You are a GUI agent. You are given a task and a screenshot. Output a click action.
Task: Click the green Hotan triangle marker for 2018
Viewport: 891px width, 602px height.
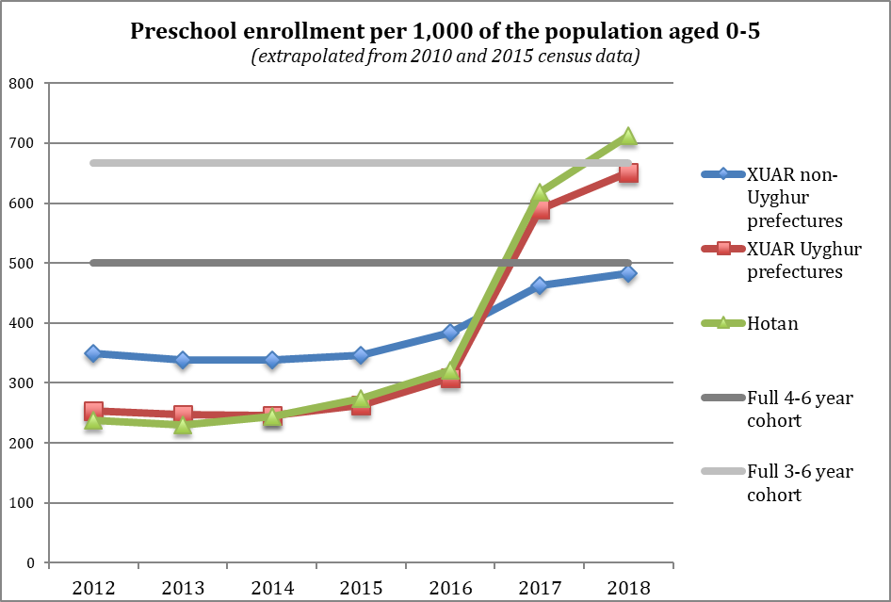tap(628, 137)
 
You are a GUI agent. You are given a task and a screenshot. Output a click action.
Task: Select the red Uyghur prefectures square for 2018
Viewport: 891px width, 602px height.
tap(628, 172)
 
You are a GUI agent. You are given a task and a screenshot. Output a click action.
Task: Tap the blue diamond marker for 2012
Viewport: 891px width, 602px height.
tap(93, 353)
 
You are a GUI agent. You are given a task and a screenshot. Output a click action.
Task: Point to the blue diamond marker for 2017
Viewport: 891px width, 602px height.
tap(540, 285)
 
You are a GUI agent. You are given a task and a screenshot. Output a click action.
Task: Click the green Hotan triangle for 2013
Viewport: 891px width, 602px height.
tap(183, 425)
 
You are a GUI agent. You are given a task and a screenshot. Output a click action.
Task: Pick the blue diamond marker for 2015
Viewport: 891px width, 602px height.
tap(361, 355)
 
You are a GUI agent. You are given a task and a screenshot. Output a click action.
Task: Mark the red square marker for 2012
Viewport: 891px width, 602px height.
tap(93, 411)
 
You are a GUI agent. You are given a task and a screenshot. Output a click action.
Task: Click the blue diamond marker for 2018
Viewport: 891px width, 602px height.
tap(628, 273)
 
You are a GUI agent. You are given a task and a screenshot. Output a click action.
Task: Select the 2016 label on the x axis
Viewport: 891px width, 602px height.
tap(450, 587)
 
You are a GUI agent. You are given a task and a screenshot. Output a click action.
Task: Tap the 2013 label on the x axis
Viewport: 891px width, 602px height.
tap(183, 587)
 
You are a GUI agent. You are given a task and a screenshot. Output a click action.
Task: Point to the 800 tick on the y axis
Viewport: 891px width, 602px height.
tap(21, 84)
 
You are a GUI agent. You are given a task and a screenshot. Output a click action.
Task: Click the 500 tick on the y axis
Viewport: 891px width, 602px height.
tap(21, 263)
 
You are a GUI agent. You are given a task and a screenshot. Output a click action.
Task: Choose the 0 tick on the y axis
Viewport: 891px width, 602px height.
tap(30, 562)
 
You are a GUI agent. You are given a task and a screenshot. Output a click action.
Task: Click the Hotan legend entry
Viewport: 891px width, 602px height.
tap(750, 323)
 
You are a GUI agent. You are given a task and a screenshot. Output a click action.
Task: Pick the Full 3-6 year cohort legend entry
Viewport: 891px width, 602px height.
tap(777, 482)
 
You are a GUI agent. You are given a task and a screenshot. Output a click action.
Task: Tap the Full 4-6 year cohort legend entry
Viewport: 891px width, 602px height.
tap(777, 409)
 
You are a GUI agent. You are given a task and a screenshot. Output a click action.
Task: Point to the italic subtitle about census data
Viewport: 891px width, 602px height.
tap(445, 57)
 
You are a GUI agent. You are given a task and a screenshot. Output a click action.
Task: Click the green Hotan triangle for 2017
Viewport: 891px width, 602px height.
tap(540, 193)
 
